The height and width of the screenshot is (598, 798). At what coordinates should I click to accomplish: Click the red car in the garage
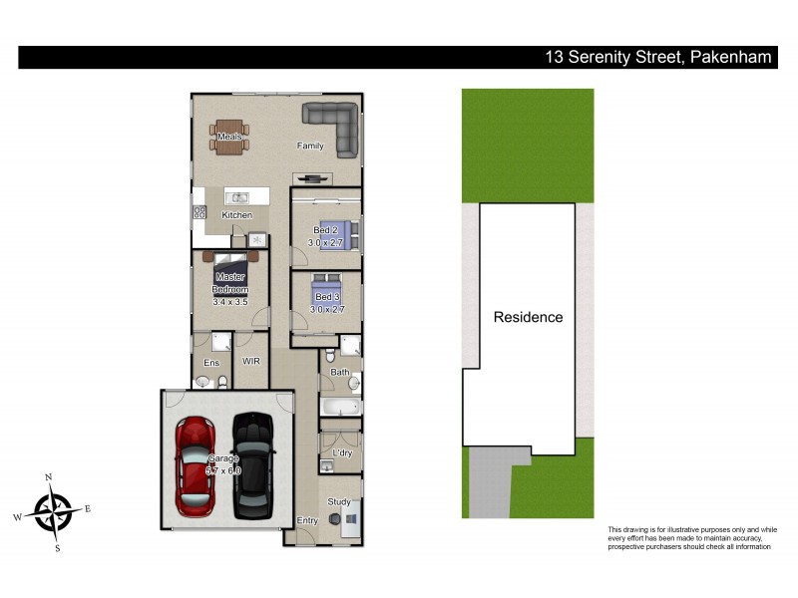[x=196, y=466]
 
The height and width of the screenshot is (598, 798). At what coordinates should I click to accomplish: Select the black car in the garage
[x=253, y=466]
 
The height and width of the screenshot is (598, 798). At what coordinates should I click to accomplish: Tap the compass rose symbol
[x=52, y=510]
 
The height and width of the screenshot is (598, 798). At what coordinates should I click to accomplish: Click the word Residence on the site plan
[x=528, y=318]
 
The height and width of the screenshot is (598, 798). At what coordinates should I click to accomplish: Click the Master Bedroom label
[x=229, y=282]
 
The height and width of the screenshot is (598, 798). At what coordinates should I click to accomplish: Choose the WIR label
[x=250, y=362]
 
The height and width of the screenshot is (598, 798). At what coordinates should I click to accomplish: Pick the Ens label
[x=211, y=363]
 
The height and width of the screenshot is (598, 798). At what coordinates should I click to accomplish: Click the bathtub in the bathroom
[x=338, y=407]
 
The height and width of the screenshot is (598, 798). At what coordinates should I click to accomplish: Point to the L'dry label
[x=341, y=454]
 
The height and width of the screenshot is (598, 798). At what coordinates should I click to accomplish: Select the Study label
[x=339, y=501]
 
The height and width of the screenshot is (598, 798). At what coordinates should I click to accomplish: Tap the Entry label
[x=308, y=520]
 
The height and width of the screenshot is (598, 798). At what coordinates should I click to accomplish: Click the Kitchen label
[x=236, y=215]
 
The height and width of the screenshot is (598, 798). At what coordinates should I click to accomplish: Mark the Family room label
[x=310, y=147]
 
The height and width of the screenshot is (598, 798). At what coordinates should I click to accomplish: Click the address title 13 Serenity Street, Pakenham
[x=658, y=58]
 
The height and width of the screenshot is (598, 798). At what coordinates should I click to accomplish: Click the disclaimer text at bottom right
[x=691, y=538]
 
